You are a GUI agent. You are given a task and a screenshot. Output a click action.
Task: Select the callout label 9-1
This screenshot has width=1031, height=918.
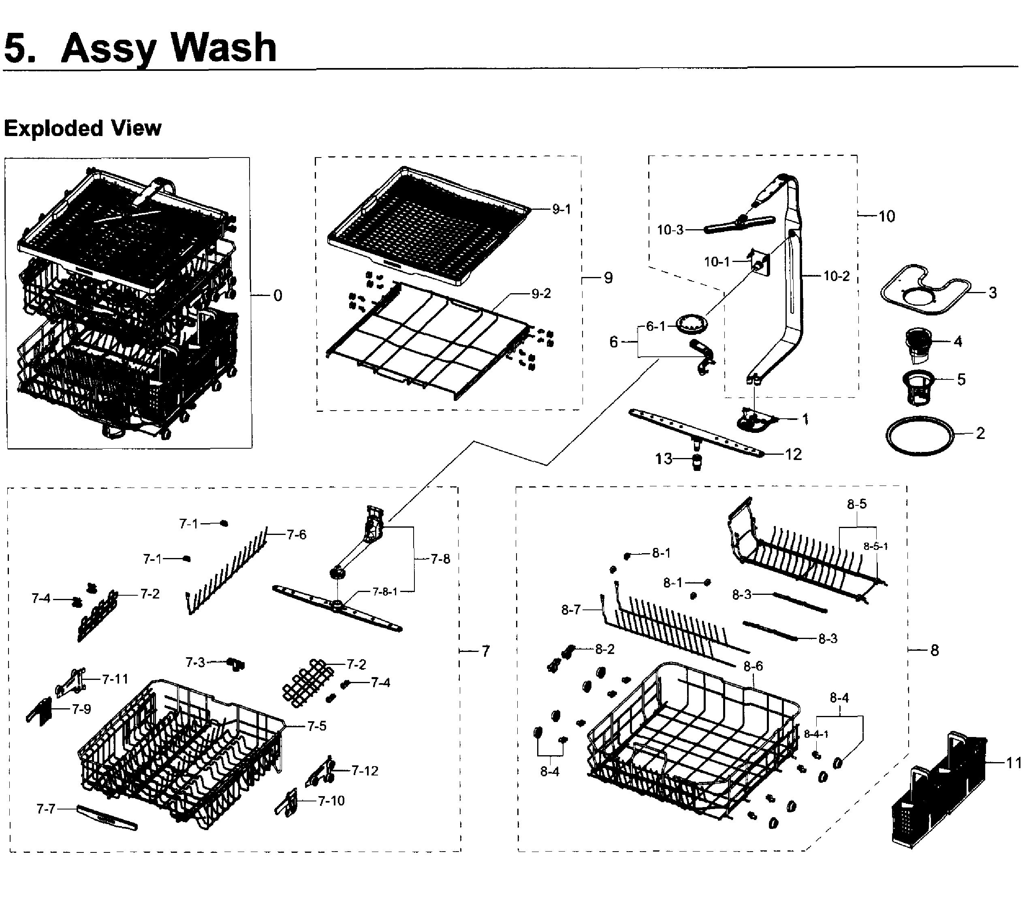[x=561, y=209]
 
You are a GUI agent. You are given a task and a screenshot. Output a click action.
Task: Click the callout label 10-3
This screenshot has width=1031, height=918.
[x=670, y=230]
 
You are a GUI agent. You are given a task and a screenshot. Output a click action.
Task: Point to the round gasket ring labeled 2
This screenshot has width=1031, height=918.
[x=920, y=436]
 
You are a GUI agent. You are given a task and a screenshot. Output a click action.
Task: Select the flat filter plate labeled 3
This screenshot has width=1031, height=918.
[x=925, y=290]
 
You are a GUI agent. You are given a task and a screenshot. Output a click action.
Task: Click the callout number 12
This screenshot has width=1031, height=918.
[x=793, y=454]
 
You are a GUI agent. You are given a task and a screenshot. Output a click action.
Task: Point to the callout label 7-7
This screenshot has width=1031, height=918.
[x=45, y=809]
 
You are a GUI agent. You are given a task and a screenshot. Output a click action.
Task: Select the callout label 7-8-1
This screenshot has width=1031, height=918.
[x=385, y=592]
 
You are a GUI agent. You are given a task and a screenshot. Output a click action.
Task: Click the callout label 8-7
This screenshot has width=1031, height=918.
[x=571, y=610]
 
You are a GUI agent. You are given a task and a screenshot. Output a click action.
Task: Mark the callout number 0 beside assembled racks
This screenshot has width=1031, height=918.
[x=277, y=296]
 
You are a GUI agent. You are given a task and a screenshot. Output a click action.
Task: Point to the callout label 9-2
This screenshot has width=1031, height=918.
[x=541, y=294]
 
